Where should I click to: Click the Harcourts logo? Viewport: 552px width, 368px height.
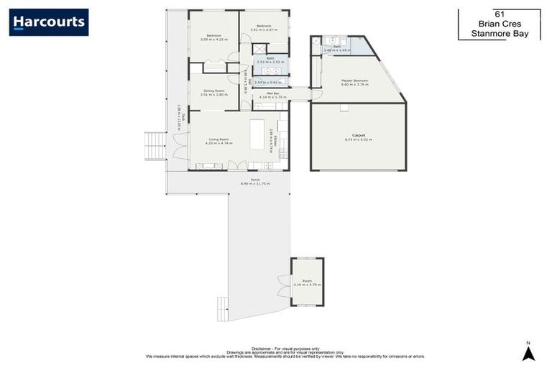point(49,22)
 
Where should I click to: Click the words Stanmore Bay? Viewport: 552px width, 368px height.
point(498,33)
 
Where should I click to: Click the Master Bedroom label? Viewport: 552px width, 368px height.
point(354,80)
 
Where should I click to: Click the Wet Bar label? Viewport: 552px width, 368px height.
point(272,93)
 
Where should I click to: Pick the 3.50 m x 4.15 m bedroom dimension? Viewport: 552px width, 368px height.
point(213,40)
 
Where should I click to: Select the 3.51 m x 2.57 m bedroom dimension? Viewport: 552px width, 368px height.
point(263,29)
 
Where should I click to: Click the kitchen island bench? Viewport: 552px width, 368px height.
point(257,134)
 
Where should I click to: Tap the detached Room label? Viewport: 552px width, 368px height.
point(307,280)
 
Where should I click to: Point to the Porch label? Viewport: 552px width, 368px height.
point(254,180)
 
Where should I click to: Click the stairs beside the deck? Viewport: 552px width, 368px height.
point(154,146)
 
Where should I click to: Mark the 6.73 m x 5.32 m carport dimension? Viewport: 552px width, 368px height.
point(358,139)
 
